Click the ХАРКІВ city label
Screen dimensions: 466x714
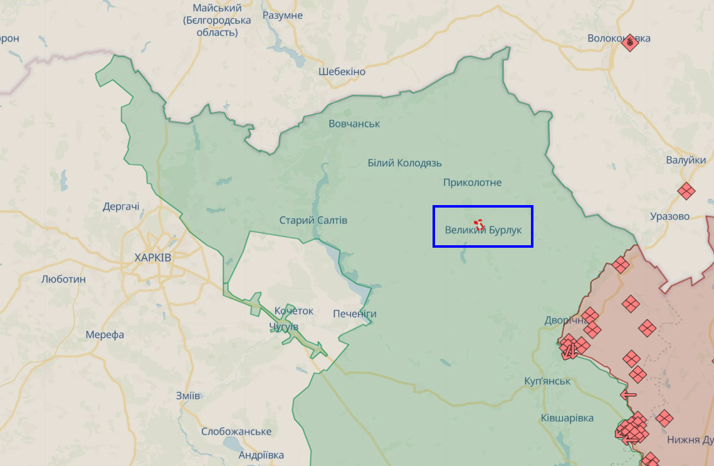pyautogui.click(x=152, y=258)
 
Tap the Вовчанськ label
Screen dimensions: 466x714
pyautogui.click(x=354, y=124)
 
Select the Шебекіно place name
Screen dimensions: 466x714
pyautogui.click(x=342, y=71)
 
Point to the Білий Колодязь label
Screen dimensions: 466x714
pyautogui.click(x=404, y=163)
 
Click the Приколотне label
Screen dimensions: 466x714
pyautogui.click(x=472, y=183)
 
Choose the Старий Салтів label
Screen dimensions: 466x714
pyautogui.click(x=313, y=221)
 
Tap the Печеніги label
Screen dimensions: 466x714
pyautogui.click(x=355, y=314)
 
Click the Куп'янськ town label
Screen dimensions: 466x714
pyautogui.click(x=547, y=381)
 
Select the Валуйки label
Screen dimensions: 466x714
pyautogui.click(x=686, y=161)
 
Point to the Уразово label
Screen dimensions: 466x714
pyautogui.click(x=669, y=216)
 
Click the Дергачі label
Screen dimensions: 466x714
pyautogui.click(x=121, y=207)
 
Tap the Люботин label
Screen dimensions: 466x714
pyautogui.click(x=63, y=279)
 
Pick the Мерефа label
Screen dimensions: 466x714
pyautogui.click(x=105, y=335)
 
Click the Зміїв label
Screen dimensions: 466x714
pyautogui.click(x=188, y=396)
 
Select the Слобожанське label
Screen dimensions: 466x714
pyautogui.click(x=236, y=432)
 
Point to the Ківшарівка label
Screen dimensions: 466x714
pyautogui.click(x=567, y=418)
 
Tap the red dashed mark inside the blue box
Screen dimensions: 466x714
pyautogui.click(x=479, y=224)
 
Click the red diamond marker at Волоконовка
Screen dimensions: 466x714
pyautogui.click(x=630, y=43)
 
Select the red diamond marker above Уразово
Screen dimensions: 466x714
pyautogui.click(x=686, y=191)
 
